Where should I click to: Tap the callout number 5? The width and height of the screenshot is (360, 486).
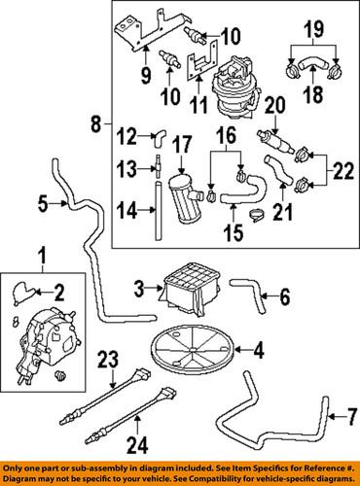43,203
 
